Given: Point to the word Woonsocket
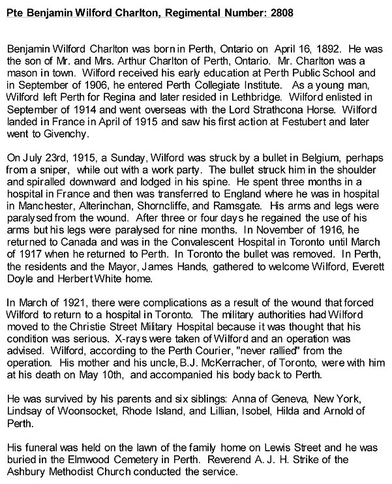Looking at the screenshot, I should (x=83, y=414).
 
